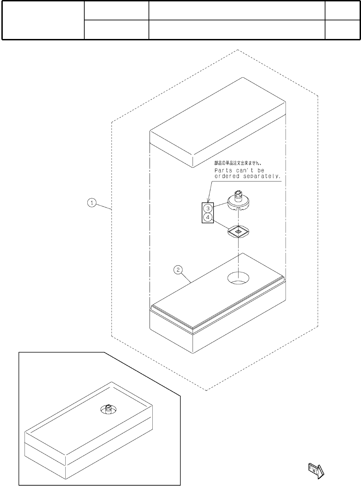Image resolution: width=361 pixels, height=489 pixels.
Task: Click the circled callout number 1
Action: [x=92, y=203]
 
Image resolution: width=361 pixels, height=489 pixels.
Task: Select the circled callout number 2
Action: [x=178, y=270]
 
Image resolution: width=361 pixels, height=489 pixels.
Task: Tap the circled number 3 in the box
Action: [x=208, y=208]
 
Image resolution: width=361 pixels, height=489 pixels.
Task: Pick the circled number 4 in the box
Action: [x=208, y=217]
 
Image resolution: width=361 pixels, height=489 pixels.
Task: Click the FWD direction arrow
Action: [x=315, y=470]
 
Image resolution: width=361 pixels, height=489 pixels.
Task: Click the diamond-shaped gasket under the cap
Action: [x=239, y=231]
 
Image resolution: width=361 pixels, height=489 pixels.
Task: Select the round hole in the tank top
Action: [x=239, y=278]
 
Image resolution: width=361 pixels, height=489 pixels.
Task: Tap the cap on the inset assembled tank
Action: [x=108, y=409]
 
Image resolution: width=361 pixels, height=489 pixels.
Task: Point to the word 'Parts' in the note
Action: [x=224, y=170]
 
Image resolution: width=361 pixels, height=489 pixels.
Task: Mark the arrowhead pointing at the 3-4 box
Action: [x=208, y=200]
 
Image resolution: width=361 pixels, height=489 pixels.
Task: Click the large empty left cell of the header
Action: [x=43, y=20]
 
